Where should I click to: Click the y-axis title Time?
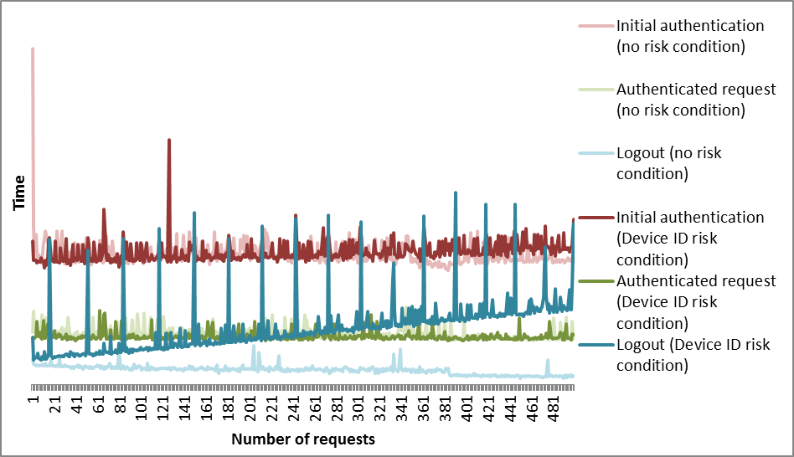tap(18, 194)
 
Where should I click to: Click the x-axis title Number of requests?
tap(302, 439)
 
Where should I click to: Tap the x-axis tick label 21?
tap(55, 406)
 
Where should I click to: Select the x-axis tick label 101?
tap(142, 409)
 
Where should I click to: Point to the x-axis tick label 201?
tap(250, 409)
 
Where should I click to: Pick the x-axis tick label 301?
tap(358, 409)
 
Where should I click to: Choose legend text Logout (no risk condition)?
tap(668, 163)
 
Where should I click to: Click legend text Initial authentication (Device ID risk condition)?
tap(690, 238)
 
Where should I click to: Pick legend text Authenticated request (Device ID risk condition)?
tap(696, 301)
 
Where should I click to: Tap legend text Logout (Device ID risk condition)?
tap(693, 355)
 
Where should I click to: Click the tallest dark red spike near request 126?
tap(169, 141)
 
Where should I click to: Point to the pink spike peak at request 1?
tap(33, 49)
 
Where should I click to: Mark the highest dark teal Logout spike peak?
tap(456, 193)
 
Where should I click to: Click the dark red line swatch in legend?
tap(595, 218)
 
